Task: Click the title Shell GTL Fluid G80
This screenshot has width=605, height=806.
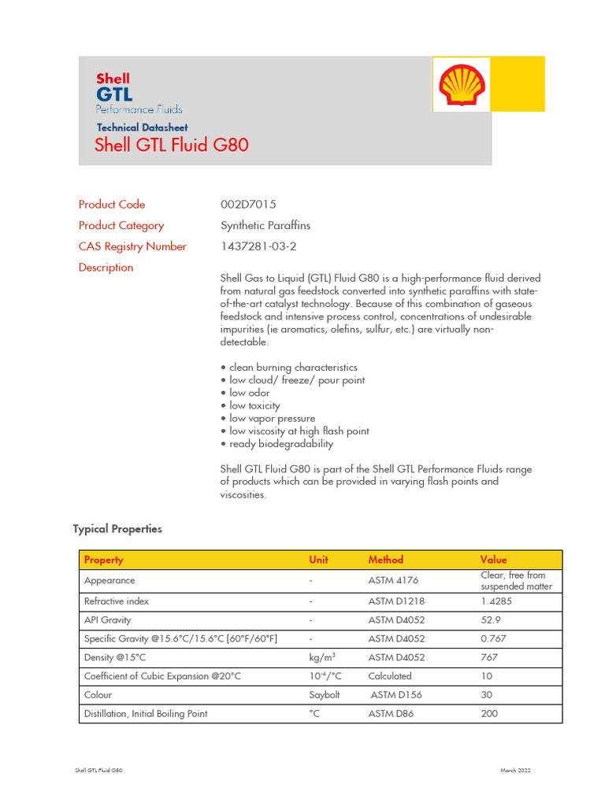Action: point(171,146)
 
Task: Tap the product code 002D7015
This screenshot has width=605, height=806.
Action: point(248,205)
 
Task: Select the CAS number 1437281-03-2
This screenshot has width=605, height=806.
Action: point(258,246)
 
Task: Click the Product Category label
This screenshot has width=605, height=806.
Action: point(121,226)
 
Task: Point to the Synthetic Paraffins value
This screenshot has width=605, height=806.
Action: point(265,226)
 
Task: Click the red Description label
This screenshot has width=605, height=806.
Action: point(106,268)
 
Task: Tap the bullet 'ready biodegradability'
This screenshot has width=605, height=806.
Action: point(281,444)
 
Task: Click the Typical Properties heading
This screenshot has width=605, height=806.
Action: point(117,529)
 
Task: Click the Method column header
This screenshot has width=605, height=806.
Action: point(385,560)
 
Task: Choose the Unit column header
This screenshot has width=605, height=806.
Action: point(318,560)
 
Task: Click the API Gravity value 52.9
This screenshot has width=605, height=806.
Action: point(491,620)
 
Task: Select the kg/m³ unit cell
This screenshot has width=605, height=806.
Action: point(321,657)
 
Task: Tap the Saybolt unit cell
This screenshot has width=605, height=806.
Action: point(324,695)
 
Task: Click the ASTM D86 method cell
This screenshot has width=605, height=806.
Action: point(392,714)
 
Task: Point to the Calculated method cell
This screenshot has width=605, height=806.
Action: point(390,676)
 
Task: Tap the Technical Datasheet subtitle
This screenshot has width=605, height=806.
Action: point(142,128)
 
